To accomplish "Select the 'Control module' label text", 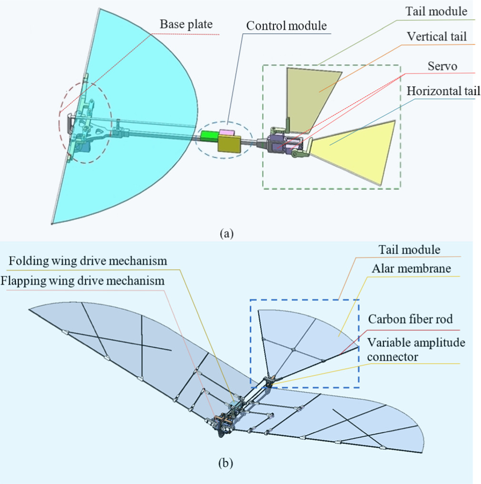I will [x=286, y=25].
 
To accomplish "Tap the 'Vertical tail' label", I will [x=437, y=36].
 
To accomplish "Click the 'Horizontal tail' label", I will [x=443, y=91].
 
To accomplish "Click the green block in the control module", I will [x=209, y=136].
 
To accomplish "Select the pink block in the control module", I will [x=227, y=132].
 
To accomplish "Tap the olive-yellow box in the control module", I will [x=230, y=143].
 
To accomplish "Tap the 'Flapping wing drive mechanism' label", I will [x=82, y=281].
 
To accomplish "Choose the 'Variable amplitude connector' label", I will [x=417, y=349].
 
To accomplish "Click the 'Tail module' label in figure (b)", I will [x=409, y=250].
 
